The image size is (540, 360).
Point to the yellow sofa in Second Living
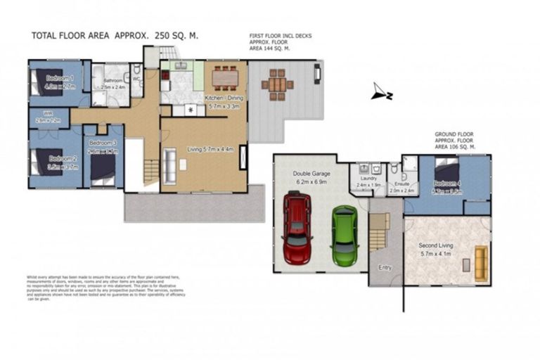(x=481, y=262)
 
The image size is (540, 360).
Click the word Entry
(x=385, y=268)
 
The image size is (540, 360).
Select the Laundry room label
(x=368, y=179)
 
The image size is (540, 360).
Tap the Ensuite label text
(x=401, y=182)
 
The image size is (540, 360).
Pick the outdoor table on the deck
(x=278, y=84)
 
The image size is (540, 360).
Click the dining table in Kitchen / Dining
(x=225, y=75)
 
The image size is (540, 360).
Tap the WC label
(x=136, y=79)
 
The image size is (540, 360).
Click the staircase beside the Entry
(x=378, y=232)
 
